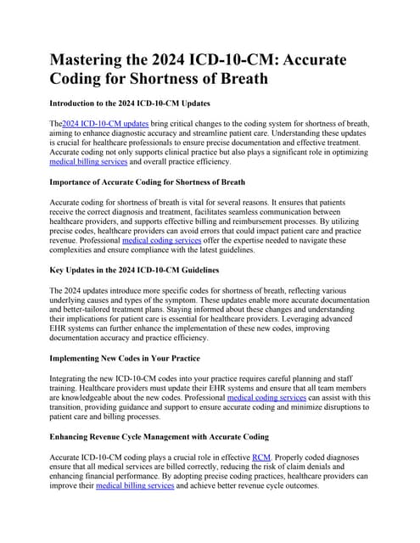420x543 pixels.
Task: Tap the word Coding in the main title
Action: [88, 81]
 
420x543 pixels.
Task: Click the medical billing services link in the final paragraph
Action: [137, 486]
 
